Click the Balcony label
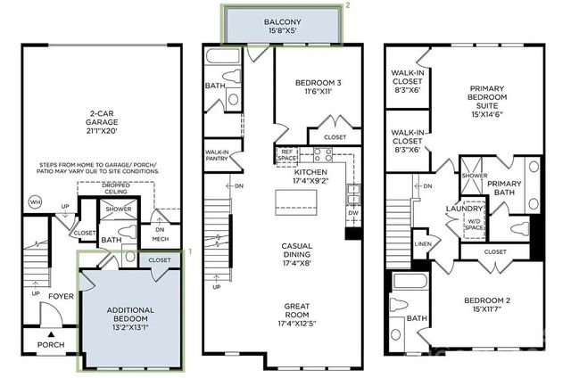click(x=281, y=21)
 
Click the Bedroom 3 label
click(x=319, y=83)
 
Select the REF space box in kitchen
click(x=285, y=155)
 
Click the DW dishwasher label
click(x=352, y=214)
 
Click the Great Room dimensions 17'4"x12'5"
click(x=297, y=319)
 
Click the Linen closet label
click(x=423, y=243)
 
